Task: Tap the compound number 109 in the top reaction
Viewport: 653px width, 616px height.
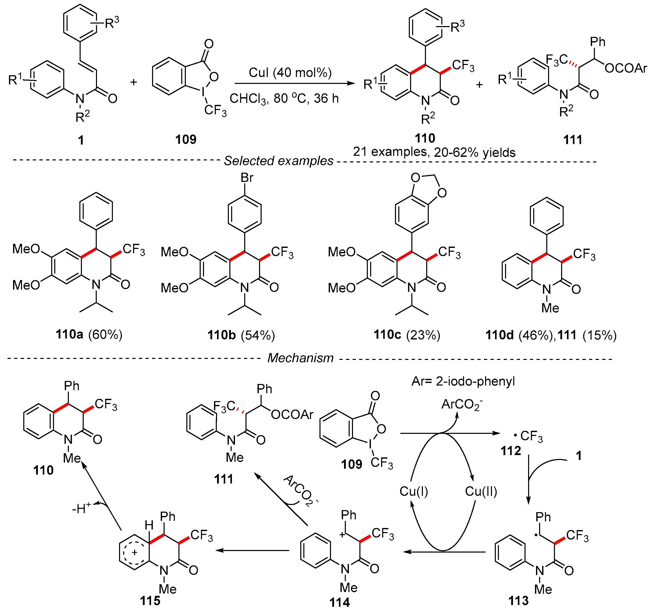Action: [186, 140]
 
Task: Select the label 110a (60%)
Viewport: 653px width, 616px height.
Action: [89, 334]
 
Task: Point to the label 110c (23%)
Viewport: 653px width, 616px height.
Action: [407, 335]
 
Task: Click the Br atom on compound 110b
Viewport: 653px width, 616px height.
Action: [247, 178]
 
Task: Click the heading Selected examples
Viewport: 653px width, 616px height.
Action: [278, 161]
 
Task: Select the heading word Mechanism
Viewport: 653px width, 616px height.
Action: [300, 358]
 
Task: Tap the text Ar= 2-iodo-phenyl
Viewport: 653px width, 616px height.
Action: [463, 381]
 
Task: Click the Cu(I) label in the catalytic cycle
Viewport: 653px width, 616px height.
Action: [413, 491]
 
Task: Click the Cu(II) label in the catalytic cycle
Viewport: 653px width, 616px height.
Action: [481, 491]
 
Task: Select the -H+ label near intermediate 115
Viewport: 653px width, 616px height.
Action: [81, 509]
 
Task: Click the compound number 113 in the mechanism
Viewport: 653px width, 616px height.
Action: [518, 601]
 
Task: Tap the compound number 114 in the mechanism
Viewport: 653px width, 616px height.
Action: [339, 602]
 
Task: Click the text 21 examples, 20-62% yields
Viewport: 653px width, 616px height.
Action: [434, 152]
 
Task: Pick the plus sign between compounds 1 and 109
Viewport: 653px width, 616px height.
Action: [133, 82]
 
